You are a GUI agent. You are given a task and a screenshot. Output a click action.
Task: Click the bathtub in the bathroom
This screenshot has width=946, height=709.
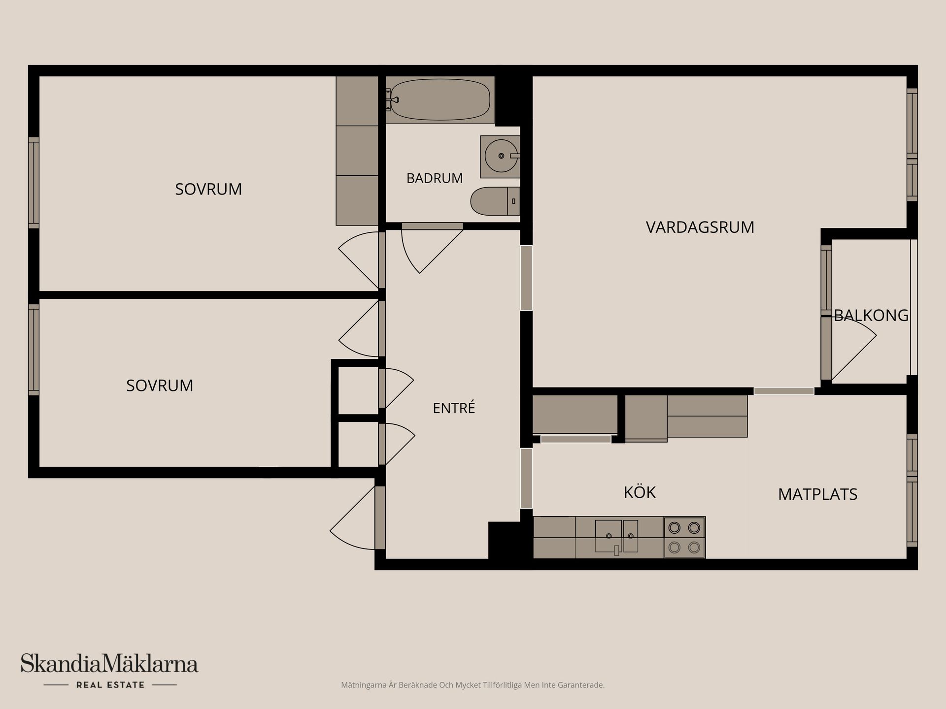pos(440,99)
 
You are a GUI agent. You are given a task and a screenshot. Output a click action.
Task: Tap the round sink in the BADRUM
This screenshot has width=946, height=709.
pos(501,156)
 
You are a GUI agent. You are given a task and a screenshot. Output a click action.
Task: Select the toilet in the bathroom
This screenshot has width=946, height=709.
pos(495,201)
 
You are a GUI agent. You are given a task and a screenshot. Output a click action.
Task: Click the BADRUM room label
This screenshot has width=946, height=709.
pos(435,178)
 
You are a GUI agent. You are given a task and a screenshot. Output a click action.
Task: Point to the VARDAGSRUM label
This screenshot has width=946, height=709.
pos(700,227)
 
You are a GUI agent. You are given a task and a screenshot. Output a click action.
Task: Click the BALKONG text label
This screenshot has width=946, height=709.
pos(871,315)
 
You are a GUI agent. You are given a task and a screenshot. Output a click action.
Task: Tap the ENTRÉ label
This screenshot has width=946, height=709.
pos(454,408)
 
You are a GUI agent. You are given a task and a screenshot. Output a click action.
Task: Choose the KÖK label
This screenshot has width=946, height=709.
pos(640,492)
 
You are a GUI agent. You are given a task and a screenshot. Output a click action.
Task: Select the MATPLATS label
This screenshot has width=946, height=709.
pos(818,494)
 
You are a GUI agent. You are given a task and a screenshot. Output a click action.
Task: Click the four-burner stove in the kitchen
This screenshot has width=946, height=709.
pos(684,537)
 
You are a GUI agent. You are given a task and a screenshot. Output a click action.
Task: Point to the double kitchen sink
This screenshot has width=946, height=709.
pos(617,536)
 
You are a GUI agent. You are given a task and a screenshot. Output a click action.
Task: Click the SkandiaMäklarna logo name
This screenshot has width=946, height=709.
pos(109,663)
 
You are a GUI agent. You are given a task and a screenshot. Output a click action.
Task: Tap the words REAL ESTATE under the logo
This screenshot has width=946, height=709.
pos(110,685)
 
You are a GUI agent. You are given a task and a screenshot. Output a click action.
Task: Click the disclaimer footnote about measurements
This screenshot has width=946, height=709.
pos(473,685)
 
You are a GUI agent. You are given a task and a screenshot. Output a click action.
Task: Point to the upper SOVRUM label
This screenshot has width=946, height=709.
pos(208,189)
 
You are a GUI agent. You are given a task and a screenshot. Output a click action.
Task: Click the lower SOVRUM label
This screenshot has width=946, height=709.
pos(160,386)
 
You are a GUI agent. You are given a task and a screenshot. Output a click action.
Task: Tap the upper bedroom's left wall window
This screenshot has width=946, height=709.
pos(34,183)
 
